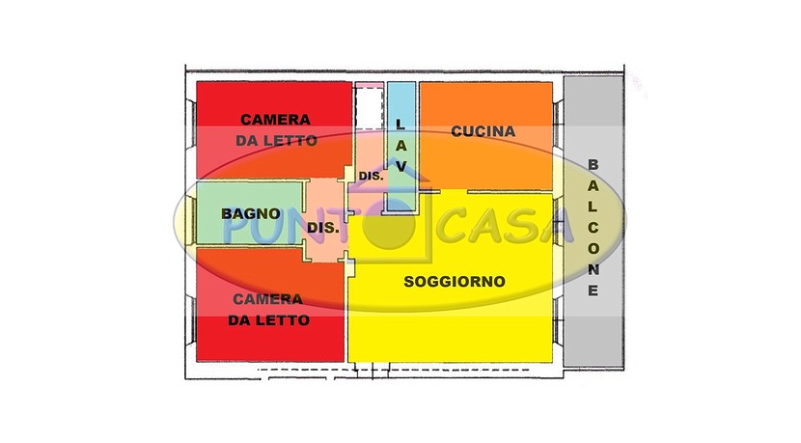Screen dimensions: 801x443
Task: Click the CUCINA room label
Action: (x=483, y=131)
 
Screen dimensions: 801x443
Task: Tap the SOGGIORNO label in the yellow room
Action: (x=455, y=282)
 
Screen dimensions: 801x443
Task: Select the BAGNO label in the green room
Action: (x=251, y=213)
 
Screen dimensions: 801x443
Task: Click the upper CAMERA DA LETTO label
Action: (x=276, y=129)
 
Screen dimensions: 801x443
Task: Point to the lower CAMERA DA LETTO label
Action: (x=268, y=310)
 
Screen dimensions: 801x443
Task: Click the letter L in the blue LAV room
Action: (x=400, y=124)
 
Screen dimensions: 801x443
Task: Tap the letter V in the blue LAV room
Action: (x=401, y=167)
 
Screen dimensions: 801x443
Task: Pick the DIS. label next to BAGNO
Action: (x=323, y=228)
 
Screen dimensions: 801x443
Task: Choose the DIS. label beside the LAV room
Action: (x=371, y=177)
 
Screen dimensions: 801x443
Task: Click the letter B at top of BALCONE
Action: (x=593, y=164)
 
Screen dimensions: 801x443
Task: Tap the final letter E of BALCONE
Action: (x=593, y=291)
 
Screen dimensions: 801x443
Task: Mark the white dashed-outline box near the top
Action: (x=370, y=108)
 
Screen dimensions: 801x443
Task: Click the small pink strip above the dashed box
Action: (x=370, y=84)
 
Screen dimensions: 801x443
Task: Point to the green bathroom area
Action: (x=250, y=213)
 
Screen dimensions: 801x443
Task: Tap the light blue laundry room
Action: (x=401, y=147)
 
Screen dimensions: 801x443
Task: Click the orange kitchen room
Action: (x=485, y=135)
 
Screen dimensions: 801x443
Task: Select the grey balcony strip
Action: (x=594, y=221)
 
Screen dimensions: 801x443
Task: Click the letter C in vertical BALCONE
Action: (x=593, y=228)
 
